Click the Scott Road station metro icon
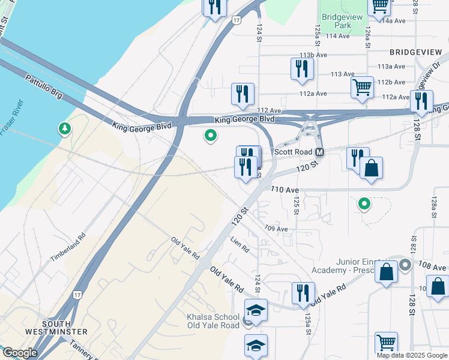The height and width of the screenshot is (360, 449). click(320, 152)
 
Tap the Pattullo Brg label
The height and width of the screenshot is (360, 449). click(44, 87)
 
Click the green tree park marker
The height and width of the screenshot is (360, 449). click(64, 128)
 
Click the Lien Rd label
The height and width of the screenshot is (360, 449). click(240, 244)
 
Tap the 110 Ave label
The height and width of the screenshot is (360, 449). click(285, 190)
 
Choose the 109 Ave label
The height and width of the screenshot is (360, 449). click(276, 229)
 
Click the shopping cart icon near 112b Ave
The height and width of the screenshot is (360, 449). click(363, 88)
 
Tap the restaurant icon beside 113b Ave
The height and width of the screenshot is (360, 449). click(302, 68)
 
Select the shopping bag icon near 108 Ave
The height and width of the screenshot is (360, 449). click(387, 272)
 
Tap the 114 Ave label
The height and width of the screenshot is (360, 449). click(337, 36)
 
